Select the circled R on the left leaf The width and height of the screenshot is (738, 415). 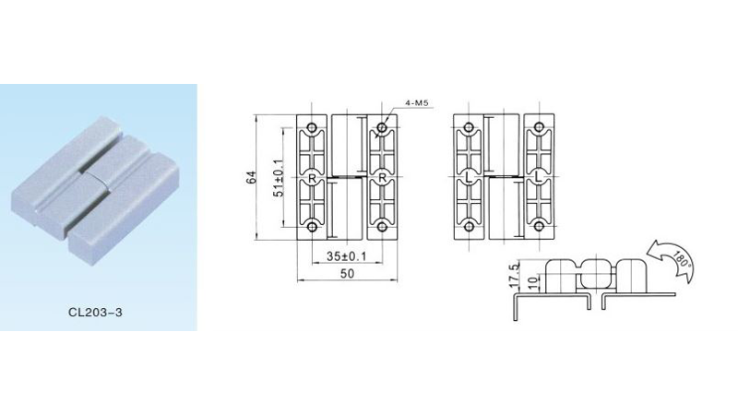tap(313, 176)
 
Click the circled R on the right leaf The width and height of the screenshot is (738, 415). tap(381, 176)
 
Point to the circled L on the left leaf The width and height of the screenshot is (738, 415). tap(470, 176)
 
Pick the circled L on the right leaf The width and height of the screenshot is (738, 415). tap(538, 176)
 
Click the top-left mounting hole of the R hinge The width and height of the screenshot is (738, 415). tap(313, 126)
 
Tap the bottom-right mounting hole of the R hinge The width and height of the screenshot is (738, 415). tap(381, 226)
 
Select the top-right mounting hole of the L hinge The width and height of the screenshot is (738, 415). tap(538, 126)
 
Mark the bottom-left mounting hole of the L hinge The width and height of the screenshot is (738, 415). tap(470, 226)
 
